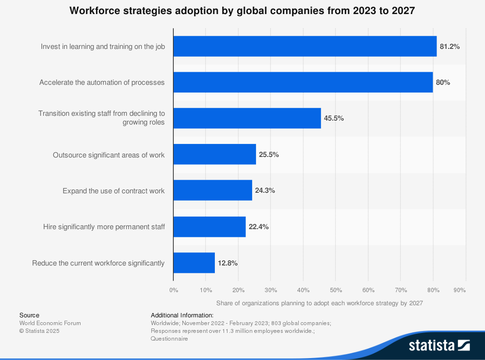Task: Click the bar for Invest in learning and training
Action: coord(305,47)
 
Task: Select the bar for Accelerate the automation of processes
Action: coord(303,82)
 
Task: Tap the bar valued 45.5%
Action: coord(247,118)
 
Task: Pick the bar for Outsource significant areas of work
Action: coord(215,154)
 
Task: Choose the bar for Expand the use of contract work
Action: coord(213,190)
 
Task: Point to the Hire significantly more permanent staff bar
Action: coord(210,226)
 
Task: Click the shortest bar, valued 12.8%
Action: coord(194,263)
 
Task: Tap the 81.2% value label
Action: coord(450,47)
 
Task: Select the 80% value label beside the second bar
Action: coord(443,82)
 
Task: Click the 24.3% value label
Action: coord(265,190)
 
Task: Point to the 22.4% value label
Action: coord(259,227)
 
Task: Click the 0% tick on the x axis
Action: coord(174,290)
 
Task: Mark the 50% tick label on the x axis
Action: coord(336,290)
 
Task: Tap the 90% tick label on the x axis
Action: coord(460,290)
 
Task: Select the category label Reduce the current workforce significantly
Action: coord(98,263)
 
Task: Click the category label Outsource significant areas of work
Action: coord(109,155)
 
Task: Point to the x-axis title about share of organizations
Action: coord(320,303)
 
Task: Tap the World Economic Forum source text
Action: coord(50,323)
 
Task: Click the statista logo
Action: coord(439,345)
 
